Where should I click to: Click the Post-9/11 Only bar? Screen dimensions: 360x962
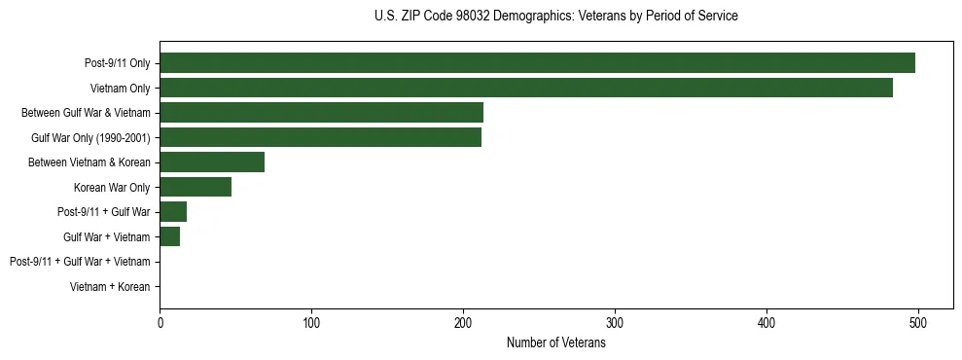537,63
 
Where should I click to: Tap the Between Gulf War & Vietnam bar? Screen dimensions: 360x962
321,113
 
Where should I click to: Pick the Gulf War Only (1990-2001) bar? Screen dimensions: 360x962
320,137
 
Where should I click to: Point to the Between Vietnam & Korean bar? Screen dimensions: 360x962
212,162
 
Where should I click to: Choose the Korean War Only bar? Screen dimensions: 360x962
196,187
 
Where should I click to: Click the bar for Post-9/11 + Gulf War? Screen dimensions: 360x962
173,212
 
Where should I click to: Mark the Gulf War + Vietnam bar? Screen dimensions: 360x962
170,236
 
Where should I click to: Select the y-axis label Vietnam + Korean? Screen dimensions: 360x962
110,287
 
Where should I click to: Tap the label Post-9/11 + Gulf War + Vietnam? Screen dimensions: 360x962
80,262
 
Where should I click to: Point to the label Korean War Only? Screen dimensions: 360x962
112,187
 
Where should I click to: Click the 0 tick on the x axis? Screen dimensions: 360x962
160,323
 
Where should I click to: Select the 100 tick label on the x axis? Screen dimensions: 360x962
311,323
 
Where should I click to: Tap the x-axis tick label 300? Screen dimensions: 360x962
615,323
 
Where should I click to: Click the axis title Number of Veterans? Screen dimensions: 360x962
556,343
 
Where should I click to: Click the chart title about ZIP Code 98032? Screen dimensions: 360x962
555,17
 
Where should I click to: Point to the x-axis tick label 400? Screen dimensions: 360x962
766,323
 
